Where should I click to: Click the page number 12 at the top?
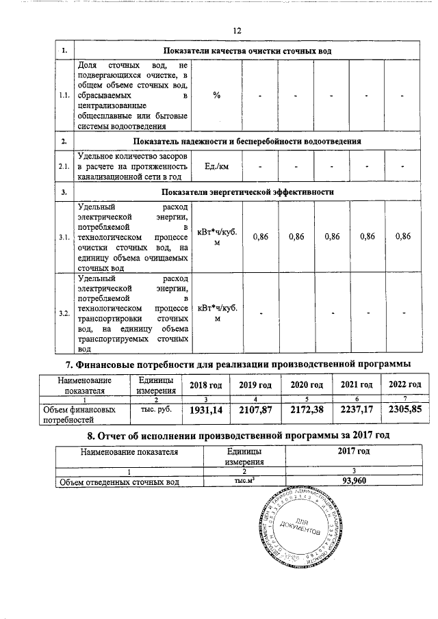click(x=237, y=31)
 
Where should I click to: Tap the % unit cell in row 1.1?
click(x=217, y=95)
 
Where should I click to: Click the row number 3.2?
click(x=64, y=313)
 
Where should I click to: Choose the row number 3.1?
click(x=64, y=236)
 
